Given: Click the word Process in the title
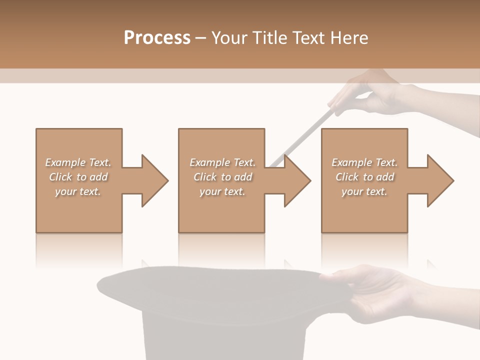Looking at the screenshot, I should pyautogui.click(x=157, y=38).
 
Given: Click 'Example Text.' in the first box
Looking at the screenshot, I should pyautogui.click(x=78, y=162).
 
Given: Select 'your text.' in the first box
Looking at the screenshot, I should pyautogui.click(x=78, y=191).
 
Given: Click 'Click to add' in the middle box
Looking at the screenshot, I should pyautogui.click(x=222, y=177).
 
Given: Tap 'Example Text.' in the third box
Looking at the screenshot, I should pyautogui.click(x=364, y=162).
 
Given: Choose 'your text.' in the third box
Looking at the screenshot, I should pyautogui.click(x=364, y=191).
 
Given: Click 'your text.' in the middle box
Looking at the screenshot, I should pyautogui.click(x=222, y=191).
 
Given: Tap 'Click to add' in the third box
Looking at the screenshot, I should pyautogui.click(x=364, y=177).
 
